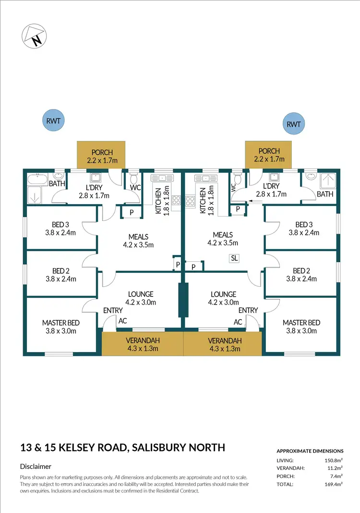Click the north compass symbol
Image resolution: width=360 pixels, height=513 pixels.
click(x=33, y=36)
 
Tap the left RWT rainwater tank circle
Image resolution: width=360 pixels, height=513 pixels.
click(x=53, y=120)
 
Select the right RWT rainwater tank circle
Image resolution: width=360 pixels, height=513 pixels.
click(x=293, y=124)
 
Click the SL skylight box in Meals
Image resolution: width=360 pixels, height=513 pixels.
click(x=234, y=258)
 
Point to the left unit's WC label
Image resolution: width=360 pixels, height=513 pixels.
click(x=135, y=188)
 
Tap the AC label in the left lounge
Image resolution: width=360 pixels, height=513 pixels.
click(x=122, y=321)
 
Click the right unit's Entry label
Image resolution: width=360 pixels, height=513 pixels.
click(x=248, y=310)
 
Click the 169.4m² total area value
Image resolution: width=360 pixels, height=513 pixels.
click(x=334, y=485)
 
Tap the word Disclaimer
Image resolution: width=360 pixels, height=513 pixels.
click(x=36, y=466)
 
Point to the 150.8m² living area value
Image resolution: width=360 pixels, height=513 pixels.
click(x=334, y=460)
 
